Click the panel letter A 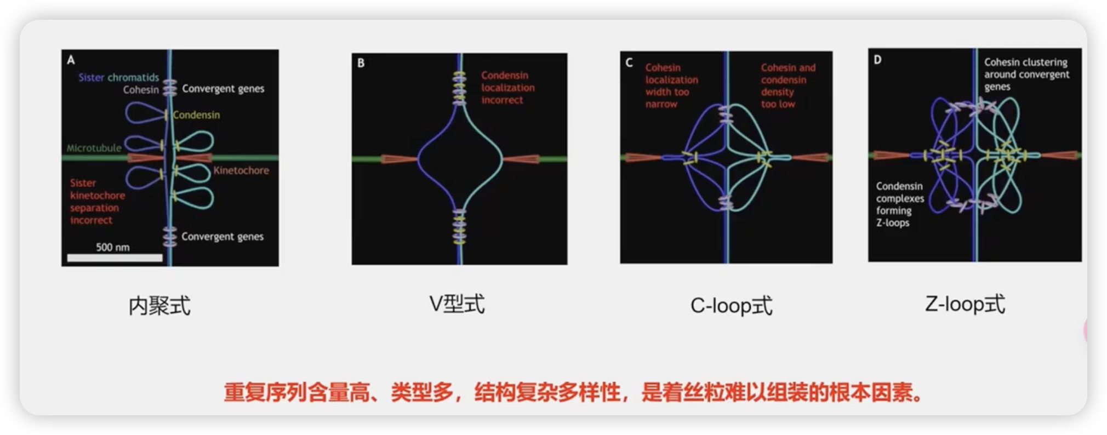71,60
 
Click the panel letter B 361,63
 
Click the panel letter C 629,63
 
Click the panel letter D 877,60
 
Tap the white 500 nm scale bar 115,257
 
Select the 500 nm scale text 113,247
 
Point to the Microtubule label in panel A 94,148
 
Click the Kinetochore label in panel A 241,170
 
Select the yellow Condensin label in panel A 196,115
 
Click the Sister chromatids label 118,77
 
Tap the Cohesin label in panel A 141,90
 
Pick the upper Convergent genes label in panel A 223,89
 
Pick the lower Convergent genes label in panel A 222,237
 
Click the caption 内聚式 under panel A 159,306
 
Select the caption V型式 457,304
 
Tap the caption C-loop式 731,306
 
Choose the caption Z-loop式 965,304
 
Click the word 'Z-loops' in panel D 893,223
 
